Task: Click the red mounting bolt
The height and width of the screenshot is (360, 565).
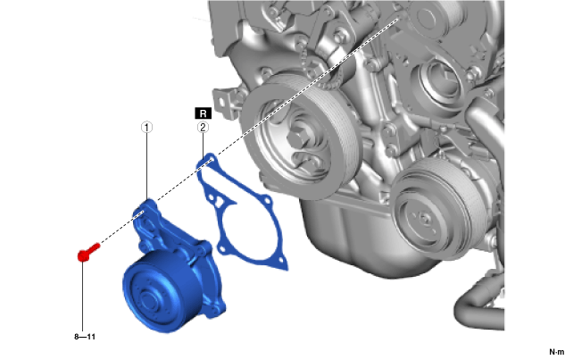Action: click(88, 252)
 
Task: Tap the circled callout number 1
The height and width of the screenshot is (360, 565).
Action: click(146, 128)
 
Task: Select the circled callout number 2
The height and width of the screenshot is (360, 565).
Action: click(203, 128)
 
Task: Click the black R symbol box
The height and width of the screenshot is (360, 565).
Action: click(203, 113)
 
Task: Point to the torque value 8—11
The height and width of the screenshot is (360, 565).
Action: click(85, 337)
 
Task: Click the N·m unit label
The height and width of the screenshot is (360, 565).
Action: click(557, 352)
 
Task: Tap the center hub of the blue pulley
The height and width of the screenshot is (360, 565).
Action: click(147, 299)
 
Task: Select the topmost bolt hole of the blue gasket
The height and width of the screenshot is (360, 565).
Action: click(211, 159)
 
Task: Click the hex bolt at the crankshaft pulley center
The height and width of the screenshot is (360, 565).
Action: click(299, 138)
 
